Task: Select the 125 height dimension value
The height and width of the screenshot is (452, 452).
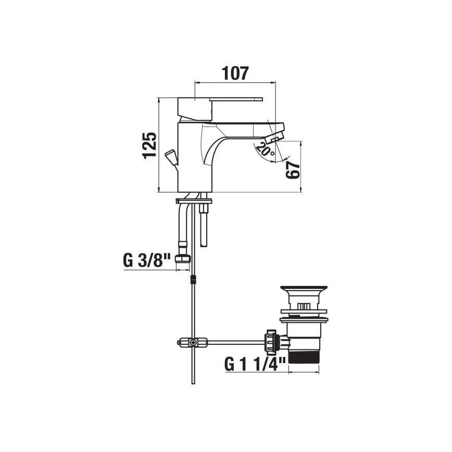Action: [149, 145]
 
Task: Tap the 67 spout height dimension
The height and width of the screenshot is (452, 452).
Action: [293, 169]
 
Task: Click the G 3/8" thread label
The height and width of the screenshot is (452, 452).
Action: [147, 260]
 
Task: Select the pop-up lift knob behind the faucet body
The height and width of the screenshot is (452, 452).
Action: [170, 156]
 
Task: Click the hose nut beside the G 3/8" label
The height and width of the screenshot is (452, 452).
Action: [182, 260]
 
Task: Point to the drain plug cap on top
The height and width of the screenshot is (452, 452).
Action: [303, 288]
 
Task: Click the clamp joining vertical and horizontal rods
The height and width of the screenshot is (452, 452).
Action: [192, 343]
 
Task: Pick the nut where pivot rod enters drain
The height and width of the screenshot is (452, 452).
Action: [271, 342]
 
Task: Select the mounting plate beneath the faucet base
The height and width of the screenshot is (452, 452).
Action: [194, 200]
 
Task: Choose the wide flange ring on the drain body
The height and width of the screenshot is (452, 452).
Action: [303, 320]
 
